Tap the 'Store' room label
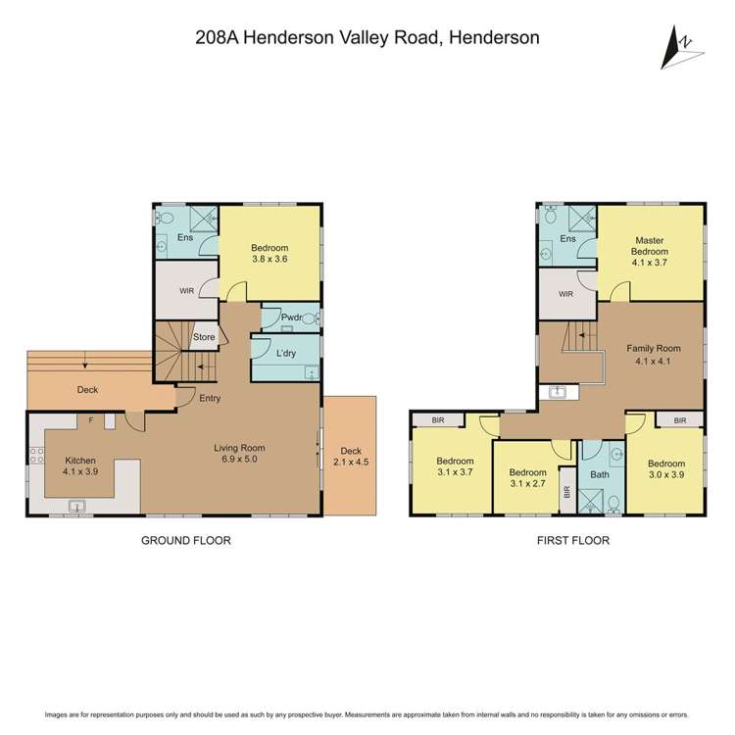point(203,337)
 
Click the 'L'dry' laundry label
point(286,353)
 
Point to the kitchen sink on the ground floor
point(78,507)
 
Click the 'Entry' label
point(210,398)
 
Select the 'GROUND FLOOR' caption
point(186,540)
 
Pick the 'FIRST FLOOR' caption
point(572,540)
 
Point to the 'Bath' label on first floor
point(600,475)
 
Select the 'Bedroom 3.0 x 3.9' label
point(667,469)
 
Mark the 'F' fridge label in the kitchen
point(91,420)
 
